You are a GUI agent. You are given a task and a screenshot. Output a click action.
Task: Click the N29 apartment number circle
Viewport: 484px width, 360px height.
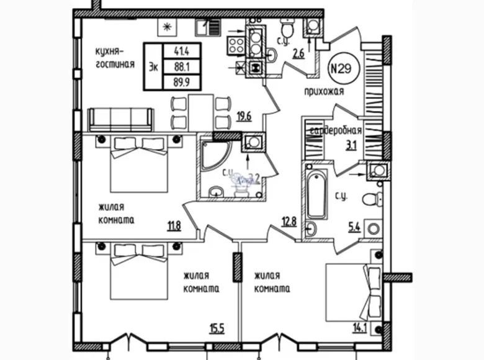point(339,68)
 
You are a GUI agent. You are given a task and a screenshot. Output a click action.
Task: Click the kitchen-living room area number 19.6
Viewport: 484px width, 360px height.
point(243,115)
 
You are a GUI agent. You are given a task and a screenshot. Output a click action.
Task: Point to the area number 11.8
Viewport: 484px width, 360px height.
point(173,225)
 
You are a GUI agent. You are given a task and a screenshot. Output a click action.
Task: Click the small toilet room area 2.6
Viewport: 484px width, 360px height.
point(298,53)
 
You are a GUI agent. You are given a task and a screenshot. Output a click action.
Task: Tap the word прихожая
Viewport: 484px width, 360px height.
point(324,92)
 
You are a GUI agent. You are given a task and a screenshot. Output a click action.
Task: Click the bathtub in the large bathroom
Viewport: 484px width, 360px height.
point(316,198)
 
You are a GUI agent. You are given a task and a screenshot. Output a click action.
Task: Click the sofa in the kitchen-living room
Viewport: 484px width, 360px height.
point(121,119)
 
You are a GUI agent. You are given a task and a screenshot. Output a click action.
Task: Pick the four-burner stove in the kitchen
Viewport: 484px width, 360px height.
point(236,43)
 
